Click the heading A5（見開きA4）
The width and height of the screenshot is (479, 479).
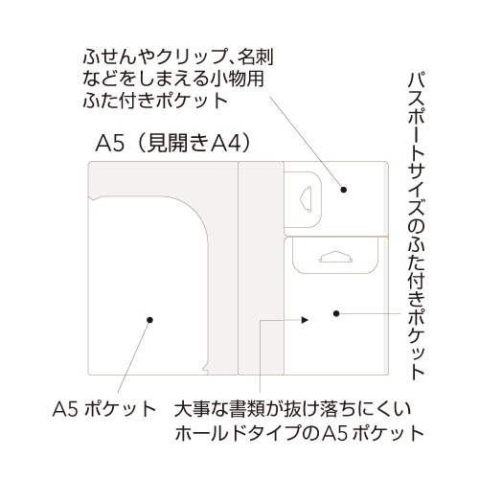(173, 144)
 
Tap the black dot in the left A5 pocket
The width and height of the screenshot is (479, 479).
(149, 320)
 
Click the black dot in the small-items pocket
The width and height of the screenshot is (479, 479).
(344, 190)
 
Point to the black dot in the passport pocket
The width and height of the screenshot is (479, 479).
(336, 313)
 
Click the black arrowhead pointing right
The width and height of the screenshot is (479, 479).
(305, 319)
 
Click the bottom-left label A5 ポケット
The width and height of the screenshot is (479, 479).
(104, 409)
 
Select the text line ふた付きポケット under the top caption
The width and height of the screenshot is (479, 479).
(155, 100)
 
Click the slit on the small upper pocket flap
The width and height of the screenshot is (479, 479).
(306, 199)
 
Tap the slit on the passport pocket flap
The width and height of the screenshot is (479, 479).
(335, 258)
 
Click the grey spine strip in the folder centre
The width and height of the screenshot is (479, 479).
(261, 268)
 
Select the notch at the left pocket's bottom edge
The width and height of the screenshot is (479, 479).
(205, 369)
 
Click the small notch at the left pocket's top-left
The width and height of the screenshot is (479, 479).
(94, 198)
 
